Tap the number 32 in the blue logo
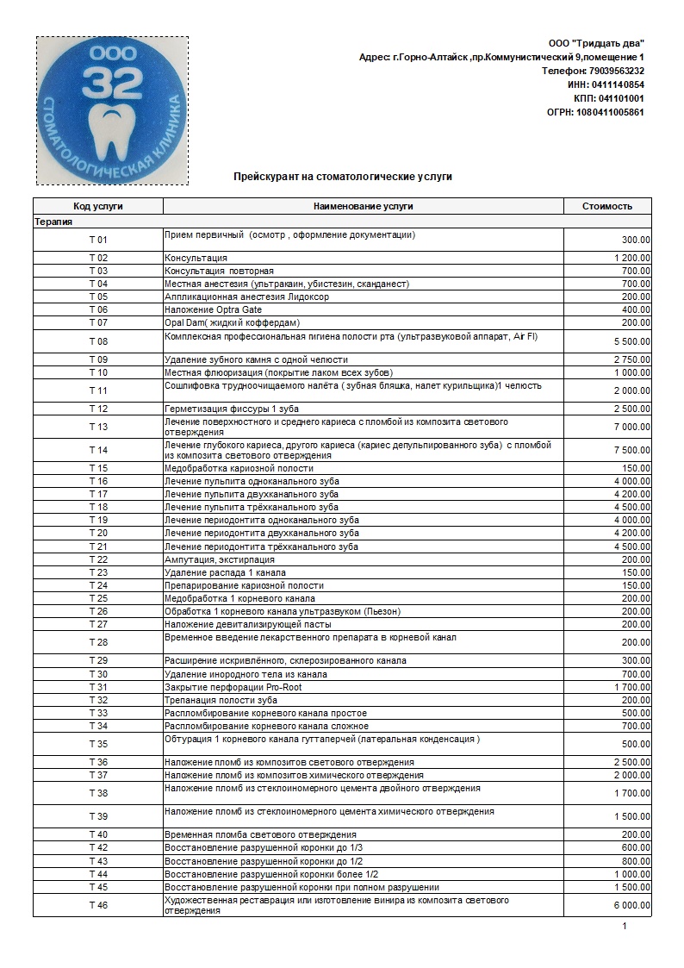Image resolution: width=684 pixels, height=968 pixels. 109,84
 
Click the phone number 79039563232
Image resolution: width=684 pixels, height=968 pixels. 616,71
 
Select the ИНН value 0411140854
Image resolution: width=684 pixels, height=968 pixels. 617,84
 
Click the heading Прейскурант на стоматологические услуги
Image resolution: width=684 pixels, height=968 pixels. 343,176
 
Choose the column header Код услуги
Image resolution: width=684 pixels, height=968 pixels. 98,206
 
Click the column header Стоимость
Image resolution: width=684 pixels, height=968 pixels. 607,206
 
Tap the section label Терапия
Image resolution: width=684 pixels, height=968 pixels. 53,221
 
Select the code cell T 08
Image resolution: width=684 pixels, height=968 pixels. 98,341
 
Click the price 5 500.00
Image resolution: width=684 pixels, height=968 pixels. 632,342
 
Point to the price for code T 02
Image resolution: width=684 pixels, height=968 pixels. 632,258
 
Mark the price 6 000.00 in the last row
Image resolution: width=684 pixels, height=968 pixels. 632,905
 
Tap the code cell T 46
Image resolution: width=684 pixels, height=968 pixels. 98,905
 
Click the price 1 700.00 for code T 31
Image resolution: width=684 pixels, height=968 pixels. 632,687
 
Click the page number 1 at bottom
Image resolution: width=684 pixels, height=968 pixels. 625,927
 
